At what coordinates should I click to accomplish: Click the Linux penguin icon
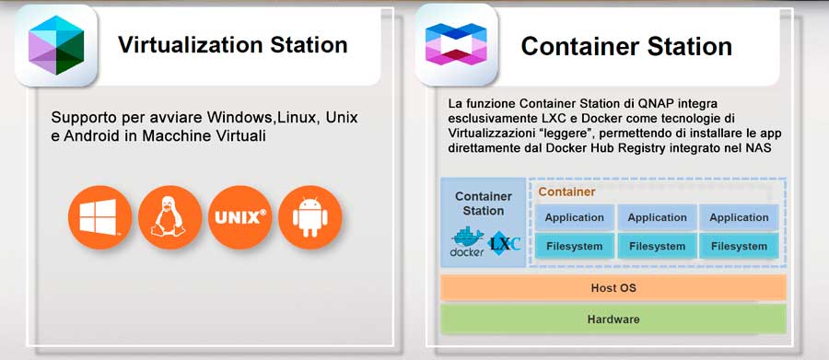pyautogui.click(x=169, y=218)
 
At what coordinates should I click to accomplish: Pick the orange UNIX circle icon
pyautogui.click(x=239, y=218)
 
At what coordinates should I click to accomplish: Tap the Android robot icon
pyautogui.click(x=309, y=218)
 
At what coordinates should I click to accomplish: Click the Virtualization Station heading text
pyautogui.click(x=232, y=45)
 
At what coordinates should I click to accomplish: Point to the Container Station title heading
pyautogui.click(x=626, y=46)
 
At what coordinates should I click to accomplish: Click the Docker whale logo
pyautogui.click(x=467, y=241)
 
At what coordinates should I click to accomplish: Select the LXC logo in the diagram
pyautogui.click(x=505, y=242)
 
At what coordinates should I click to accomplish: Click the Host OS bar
pyautogui.click(x=613, y=288)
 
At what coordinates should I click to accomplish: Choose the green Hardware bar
pyautogui.click(x=613, y=319)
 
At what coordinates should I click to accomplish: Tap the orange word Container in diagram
pyautogui.click(x=566, y=192)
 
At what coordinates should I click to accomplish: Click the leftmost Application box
pyautogui.click(x=574, y=217)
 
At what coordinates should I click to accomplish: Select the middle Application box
pyautogui.click(x=657, y=217)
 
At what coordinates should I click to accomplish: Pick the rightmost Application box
pyautogui.click(x=739, y=217)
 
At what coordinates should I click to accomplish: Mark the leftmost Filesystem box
pyautogui.click(x=574, y=246)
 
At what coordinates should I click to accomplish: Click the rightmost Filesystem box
pyautogui.click(x=739, y=246)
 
